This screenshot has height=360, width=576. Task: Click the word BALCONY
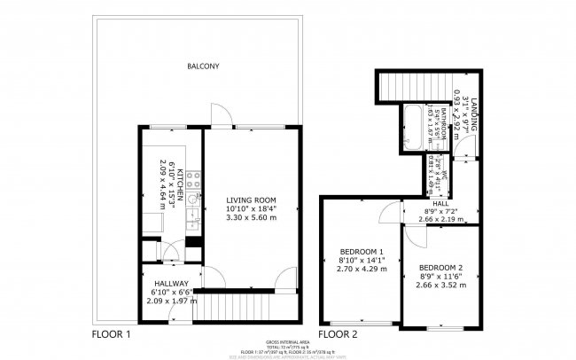pos(203,67)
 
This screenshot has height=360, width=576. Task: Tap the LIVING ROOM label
pos(249,200)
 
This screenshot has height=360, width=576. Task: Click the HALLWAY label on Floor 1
pos(170,284)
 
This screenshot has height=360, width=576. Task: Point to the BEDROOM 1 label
pos(362,252)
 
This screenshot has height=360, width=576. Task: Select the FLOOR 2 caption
pos(338,335)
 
